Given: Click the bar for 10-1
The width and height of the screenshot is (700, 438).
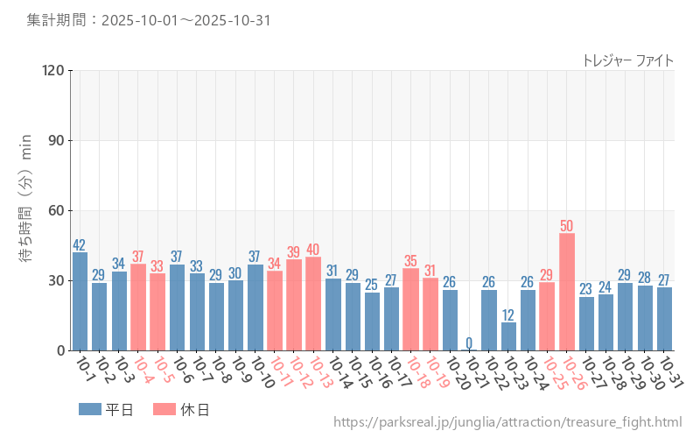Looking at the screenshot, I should (80, 301).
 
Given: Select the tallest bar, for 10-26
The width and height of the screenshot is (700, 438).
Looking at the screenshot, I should (567, 292).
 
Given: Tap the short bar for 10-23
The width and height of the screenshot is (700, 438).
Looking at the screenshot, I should (508, 336).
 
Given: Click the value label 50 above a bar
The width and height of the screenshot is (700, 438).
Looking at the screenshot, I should (567, 226).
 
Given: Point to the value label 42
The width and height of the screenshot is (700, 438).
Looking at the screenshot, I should (80, 245).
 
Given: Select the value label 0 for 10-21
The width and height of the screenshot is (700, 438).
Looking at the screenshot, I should (469, 343).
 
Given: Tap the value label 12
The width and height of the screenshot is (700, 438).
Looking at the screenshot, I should (508, 314).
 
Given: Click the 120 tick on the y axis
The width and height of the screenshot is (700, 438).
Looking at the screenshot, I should (53, 70).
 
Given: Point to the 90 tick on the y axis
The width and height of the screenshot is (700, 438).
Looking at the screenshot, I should (56, 140).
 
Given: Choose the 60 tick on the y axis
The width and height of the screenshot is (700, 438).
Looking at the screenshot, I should (56, 210).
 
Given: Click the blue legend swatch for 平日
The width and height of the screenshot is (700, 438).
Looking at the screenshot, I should (89, 409).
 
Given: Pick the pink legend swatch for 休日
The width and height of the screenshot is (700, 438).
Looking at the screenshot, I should (164, 409).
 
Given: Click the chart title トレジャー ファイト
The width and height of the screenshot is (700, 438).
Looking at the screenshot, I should (627, 60).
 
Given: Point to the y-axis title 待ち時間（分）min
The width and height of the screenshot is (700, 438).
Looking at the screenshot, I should (26, 210).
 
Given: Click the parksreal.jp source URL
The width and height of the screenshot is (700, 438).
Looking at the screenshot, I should (507, 422).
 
